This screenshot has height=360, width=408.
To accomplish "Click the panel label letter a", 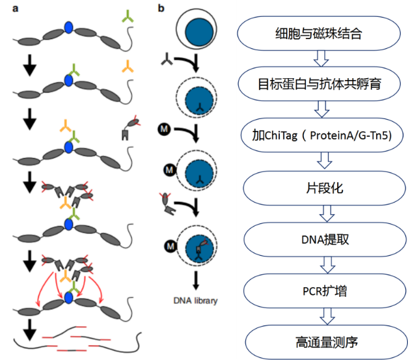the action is (16, 8).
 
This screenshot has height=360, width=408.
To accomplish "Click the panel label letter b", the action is (161, 8).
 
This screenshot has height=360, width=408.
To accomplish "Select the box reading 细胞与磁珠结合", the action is (318, 33).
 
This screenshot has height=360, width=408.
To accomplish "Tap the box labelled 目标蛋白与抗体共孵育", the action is (320, 84).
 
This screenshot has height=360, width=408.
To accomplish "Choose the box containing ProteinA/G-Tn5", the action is (322, 135).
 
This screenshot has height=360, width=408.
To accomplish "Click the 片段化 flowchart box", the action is (324, 188).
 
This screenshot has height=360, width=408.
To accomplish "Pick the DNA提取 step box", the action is (325, 240).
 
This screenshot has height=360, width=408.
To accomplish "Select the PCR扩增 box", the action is (325, 291).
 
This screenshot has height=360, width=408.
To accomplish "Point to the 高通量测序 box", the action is (327, 342).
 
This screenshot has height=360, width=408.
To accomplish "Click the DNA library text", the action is (195, 301).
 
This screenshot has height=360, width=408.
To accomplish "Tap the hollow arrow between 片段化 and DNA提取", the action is (327, 214).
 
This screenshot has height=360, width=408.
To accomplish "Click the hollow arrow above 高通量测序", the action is (327, 316).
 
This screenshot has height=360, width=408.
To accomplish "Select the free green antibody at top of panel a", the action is (128, 16).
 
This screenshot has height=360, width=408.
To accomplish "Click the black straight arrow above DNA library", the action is (196, 281).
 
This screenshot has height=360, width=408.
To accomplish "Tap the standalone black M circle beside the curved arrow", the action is (164, 129).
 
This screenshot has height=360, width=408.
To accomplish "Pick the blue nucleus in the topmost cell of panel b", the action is (199, 32).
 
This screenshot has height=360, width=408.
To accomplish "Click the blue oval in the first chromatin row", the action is (69, 27).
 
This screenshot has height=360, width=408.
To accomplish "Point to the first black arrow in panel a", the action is (30, 65).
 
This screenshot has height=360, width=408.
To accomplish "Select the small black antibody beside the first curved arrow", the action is (167, 59).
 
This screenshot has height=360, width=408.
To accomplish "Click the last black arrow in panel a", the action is (30, 330).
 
